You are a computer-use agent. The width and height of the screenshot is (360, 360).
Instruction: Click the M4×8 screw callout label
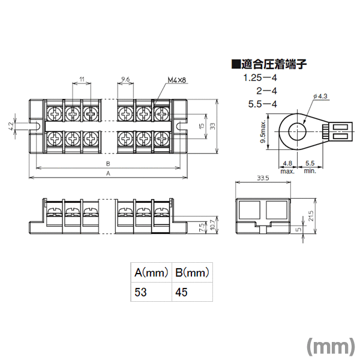coord(176,80)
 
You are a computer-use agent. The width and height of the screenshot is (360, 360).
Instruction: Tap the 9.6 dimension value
coord(125,79)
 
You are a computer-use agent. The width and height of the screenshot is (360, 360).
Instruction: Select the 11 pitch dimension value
coord(82,79)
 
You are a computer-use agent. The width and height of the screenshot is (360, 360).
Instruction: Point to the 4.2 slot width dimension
coord(11,126)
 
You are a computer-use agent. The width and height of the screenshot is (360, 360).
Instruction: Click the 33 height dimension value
coord(212,126)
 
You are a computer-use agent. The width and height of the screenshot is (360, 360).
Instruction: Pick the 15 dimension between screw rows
coord(202,126)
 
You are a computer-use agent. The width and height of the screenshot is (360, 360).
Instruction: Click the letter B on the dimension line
coord(108,164)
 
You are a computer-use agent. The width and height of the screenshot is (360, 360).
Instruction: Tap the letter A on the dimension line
coord(108,173)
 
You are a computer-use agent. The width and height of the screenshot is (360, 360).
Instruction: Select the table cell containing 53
coord(151,292)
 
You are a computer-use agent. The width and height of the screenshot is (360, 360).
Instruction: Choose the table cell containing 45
coord(193,292)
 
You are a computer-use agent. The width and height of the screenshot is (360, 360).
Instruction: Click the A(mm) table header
coord(151,272)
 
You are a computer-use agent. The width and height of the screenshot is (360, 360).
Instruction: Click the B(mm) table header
coord(193,272)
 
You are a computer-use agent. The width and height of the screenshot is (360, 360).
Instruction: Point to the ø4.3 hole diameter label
coord(320,96)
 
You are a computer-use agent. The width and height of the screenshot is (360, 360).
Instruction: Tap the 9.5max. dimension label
coord(263,131)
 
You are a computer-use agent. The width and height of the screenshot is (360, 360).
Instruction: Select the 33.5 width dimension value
coord(263,178)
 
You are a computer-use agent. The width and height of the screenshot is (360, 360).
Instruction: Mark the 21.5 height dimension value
coord(311,216)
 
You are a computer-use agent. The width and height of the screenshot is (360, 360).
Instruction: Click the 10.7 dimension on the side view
coord(212,225)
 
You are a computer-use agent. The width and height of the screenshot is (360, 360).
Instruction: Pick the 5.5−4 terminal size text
coord(263,104)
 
